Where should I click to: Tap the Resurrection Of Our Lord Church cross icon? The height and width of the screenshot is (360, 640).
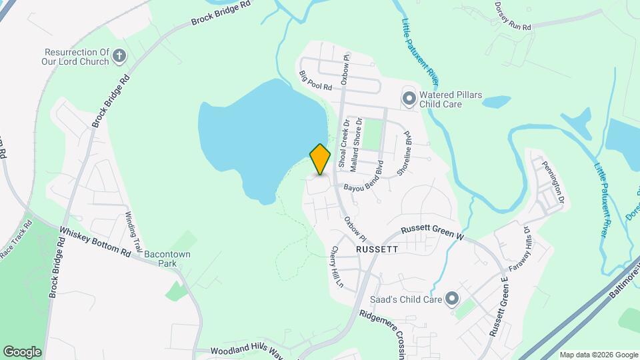[x=119, y=55]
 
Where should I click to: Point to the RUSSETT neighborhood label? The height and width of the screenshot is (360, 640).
[x=377, y=249]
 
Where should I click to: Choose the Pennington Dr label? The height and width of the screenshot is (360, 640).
[x=553, y=182]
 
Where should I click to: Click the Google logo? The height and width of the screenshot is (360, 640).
[x=22, y=351]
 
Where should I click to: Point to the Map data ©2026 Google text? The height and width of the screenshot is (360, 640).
[x=599, y=355]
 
